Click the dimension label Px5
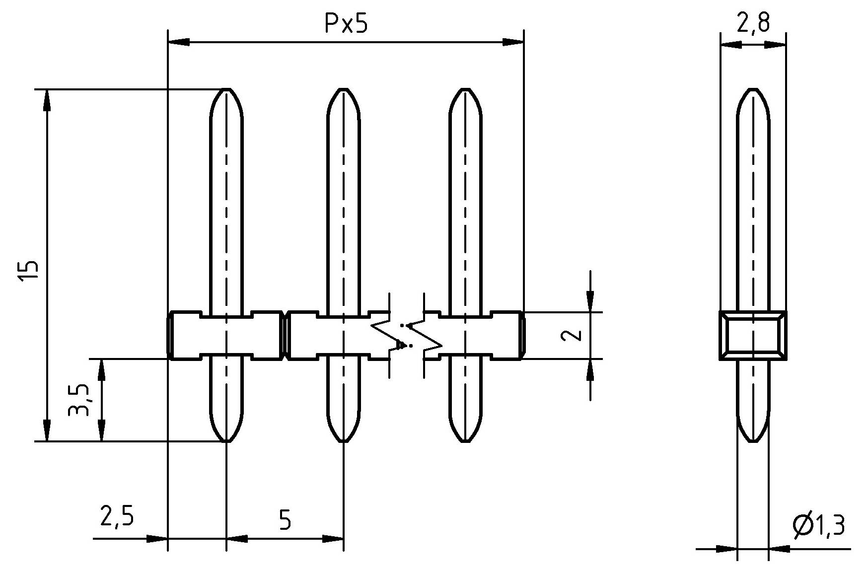346,23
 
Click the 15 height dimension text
29,271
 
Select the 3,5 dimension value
79,400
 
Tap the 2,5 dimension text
117,516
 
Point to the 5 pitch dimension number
285,520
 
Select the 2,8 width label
753,22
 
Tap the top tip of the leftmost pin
227,90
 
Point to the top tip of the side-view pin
753,90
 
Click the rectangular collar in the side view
753,335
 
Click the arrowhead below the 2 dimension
590,370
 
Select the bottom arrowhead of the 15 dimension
47,430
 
